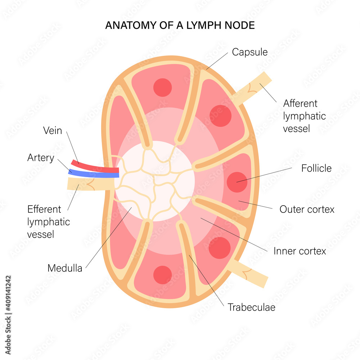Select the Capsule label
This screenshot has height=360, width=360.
pyautogui.click(x=249, y=52)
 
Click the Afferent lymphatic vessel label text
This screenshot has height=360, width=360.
pyautogui.click(x=304, y=116)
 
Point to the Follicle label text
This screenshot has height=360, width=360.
pyautogui.click(x=316, y=168)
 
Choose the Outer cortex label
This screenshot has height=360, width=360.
pyautogui.click(x=307, y=209)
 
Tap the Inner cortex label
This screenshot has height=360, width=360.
pyautogui.click(x=300, y=251)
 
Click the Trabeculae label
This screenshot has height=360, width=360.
pyautogui.click(x=251, y=307)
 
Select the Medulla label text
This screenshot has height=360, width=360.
pyautogui.click(x=65, y=268)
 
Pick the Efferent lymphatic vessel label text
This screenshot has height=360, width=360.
pyautogui.click(x=49, y=221)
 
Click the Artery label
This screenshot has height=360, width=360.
pyautogui.click(x=41, y=158)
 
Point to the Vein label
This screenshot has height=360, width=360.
pyautogui.click(x=53, y=131)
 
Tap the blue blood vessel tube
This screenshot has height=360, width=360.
pyautogui.click(x=94, y=174)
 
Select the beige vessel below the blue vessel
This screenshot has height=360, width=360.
pyautogui.click(x=90, y=184)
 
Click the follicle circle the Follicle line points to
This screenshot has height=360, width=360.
pyautogui.click(x=237, y=182)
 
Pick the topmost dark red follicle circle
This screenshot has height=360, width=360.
pyautogui.click(x=162, y=87)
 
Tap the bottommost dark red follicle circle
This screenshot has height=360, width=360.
pyautogui.click(x=162, y=275)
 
